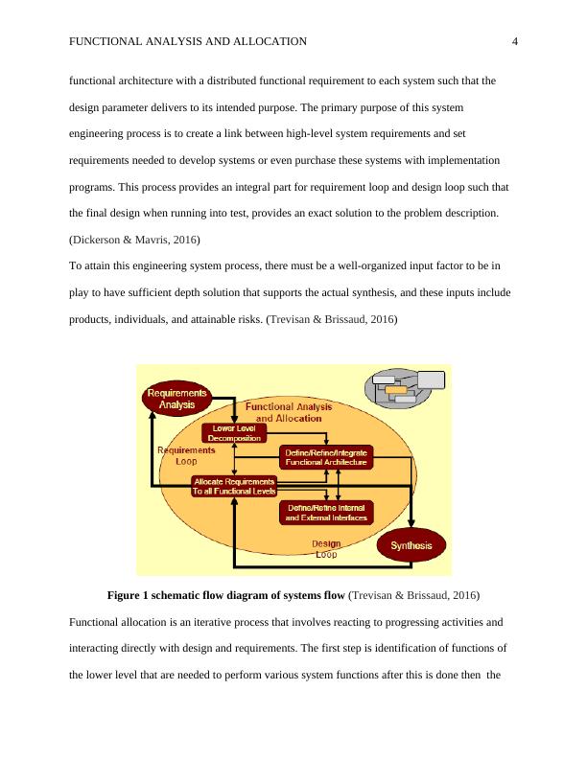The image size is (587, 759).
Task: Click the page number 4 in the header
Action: coord(515,41)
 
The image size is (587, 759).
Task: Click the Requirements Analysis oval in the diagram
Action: coord(176,398)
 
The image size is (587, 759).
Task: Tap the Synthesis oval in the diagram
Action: coord(411,545)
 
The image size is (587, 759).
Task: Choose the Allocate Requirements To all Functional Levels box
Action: coord(235,486)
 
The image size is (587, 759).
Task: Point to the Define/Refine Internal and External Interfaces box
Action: coord(327,512)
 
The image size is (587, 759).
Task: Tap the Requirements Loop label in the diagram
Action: coord(186,454)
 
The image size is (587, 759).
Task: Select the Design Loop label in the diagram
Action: coord(326,548)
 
